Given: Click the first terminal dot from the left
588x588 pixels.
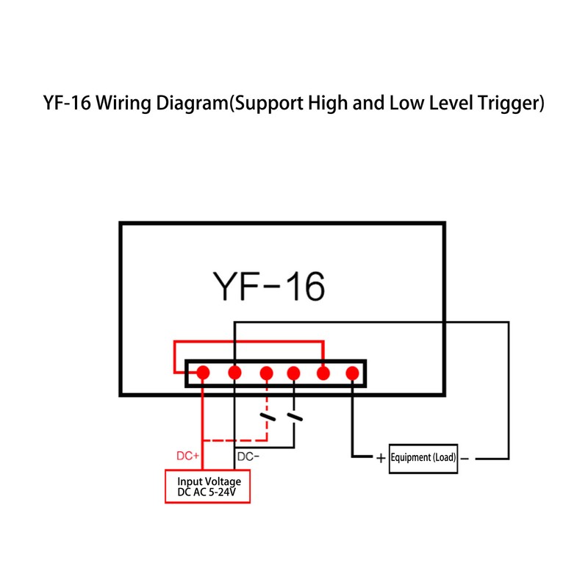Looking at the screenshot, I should (204, 373).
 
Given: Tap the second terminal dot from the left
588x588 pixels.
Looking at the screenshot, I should (234, 373).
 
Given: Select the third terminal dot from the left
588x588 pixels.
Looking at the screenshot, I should (267, 373).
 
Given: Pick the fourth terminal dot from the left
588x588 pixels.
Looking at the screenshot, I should (294, 373).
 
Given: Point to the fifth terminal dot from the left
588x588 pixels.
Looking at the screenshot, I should (323, 373).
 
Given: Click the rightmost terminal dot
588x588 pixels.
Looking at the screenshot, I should (352, 373).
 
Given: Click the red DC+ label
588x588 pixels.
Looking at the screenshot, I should (188, 456).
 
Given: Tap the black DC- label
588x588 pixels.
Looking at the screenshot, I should (248, 456).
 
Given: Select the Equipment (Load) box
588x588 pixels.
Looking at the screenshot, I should (423, 457).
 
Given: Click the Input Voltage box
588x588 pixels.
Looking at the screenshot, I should (207, 487).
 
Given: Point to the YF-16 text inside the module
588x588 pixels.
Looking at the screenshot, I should (268, 286).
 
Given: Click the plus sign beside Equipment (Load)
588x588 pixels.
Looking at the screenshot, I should (381, 458).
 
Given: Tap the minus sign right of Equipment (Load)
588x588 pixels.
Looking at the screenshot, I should (465, 458).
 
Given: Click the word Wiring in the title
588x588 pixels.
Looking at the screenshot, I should (121, 104).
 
